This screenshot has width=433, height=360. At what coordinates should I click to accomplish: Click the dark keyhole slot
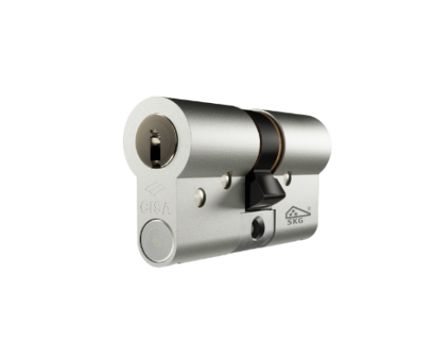(x=155, y=145)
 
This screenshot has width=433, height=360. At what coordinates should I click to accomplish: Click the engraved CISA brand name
(x=156, y=208)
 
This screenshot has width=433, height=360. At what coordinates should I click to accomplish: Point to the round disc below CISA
(x=156, y=240)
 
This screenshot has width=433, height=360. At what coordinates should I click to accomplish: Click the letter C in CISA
(x=145, y=206)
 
